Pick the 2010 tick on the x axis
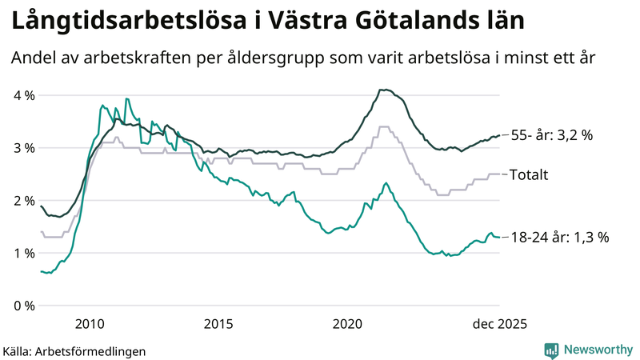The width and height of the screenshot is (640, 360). (90, 324)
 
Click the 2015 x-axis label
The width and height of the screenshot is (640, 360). (218, 324)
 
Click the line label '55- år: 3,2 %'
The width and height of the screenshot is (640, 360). (552, 136)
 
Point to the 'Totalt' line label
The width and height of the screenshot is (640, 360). (529, 174)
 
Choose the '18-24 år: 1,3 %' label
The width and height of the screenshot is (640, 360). (561, 237)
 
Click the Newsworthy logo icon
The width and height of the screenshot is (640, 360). (551, 350)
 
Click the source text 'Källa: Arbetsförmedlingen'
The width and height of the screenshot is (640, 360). (74, 351)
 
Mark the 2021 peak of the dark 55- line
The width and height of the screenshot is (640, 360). (386, 90)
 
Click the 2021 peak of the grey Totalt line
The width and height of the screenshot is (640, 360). (384, 126)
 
